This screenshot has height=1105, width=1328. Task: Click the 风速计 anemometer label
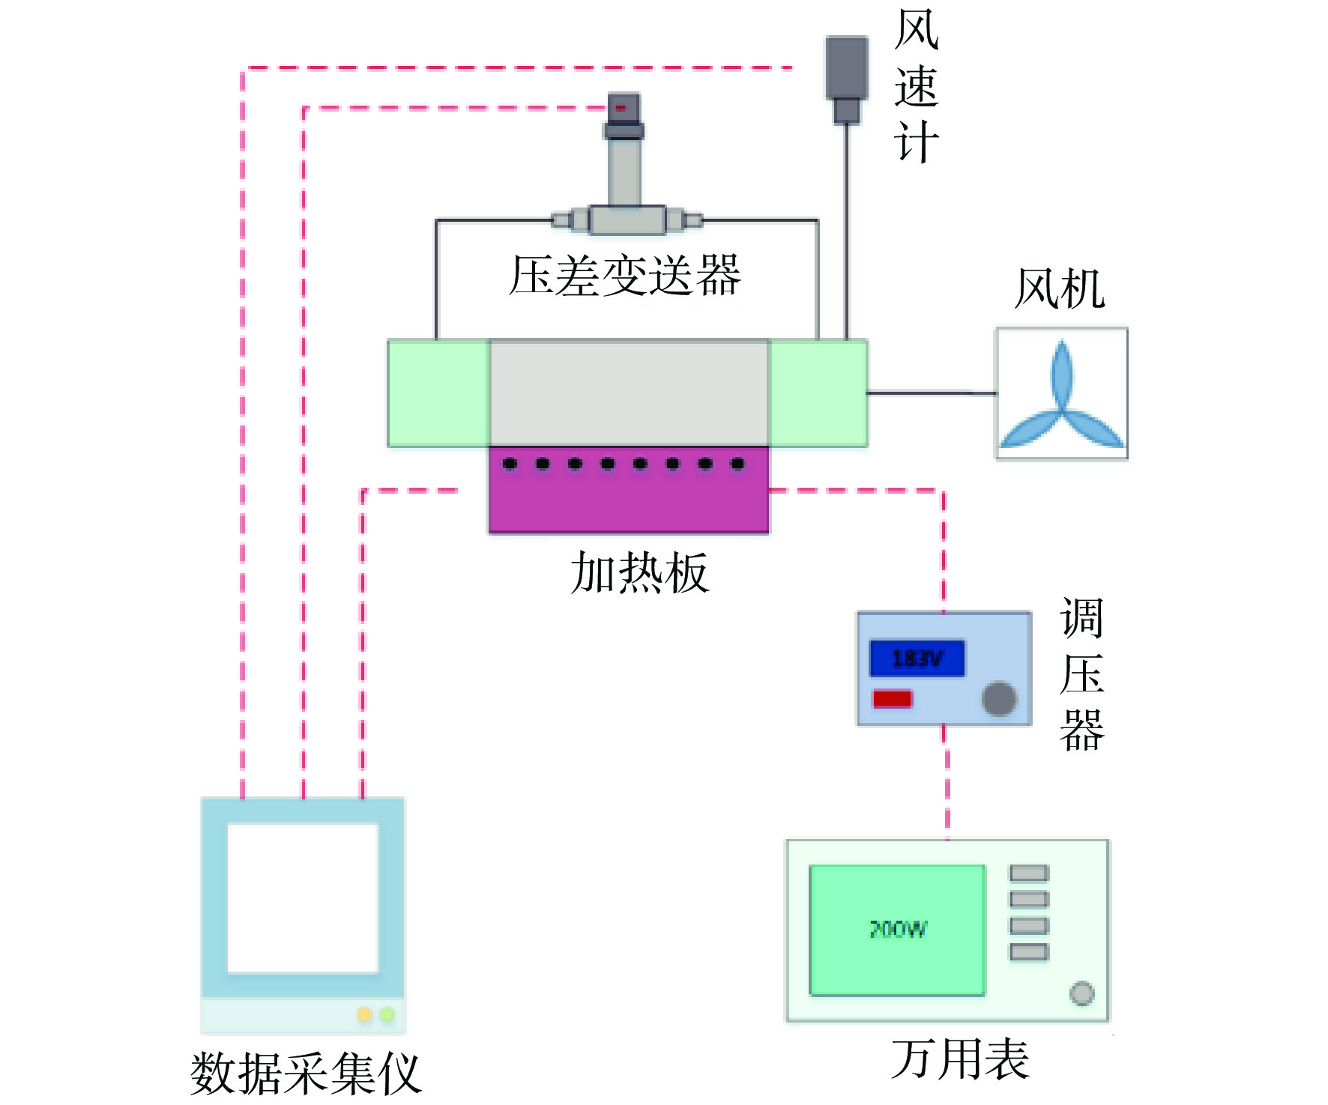click(916, 86)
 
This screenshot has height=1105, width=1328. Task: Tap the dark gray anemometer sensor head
click(847, 67)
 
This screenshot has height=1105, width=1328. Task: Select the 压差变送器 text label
click(625, 275)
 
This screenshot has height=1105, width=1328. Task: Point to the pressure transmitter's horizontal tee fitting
click(627, 220)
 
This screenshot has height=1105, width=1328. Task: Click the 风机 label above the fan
click(1059, 288)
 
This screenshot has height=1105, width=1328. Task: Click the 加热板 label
click(639, 573)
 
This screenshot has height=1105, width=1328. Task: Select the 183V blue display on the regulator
click(917, 659)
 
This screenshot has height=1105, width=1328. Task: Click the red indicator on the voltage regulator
click(892, 699)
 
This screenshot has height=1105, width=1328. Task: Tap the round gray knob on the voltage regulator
click(999, 699)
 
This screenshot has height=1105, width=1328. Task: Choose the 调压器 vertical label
click(1081, 674)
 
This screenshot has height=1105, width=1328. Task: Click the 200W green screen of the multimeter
click(897, 930)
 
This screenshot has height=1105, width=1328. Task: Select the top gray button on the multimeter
click(1028, 873)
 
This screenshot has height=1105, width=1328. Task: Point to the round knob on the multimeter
click(1081, 993)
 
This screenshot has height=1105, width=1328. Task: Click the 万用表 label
click(960, 1059)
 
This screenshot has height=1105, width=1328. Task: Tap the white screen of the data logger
click(303, 897)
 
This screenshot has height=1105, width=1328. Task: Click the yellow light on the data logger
click(364, 1015)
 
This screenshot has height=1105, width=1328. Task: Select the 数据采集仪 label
click(306, 1074)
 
